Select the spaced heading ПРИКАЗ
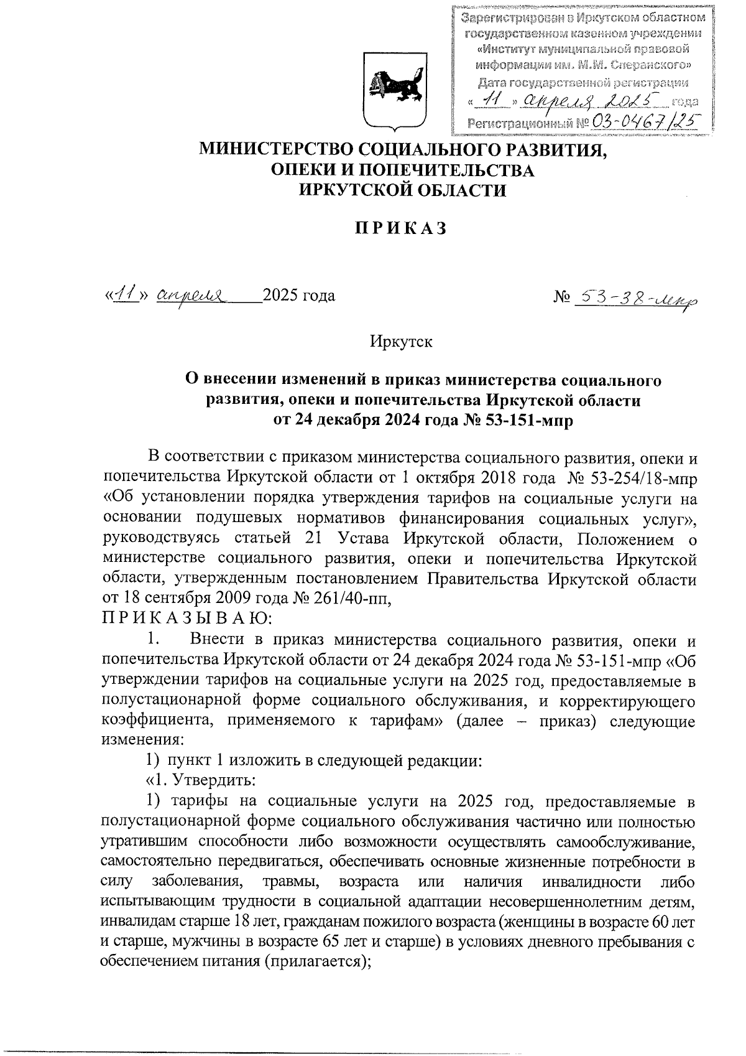point(401,228)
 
